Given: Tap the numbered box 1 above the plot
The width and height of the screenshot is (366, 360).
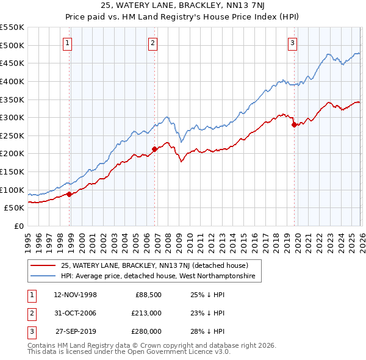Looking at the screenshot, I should pos(67,43).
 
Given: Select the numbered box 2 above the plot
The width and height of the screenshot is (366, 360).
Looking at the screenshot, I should pos(152,43).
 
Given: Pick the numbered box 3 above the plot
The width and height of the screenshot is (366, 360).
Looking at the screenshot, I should pos(292,43).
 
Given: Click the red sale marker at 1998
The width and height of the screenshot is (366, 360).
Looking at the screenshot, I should pos(69,194).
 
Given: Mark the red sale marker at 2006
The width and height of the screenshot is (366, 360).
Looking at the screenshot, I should pos(154,148).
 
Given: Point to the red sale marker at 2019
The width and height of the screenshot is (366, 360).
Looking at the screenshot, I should pos(294,124).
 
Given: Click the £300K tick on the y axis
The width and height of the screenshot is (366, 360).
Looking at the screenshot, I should pos(12,117).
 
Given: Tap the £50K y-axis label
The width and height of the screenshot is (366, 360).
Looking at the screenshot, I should pos(15,208).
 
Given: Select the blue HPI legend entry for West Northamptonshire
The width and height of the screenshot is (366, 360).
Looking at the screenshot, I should pos(161,276).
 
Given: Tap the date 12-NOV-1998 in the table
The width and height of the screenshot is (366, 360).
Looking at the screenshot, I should pos(76,295).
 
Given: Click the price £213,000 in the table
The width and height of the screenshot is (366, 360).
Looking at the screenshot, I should pos(146,313).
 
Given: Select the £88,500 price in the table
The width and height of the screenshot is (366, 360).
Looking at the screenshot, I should pos(148,295).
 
